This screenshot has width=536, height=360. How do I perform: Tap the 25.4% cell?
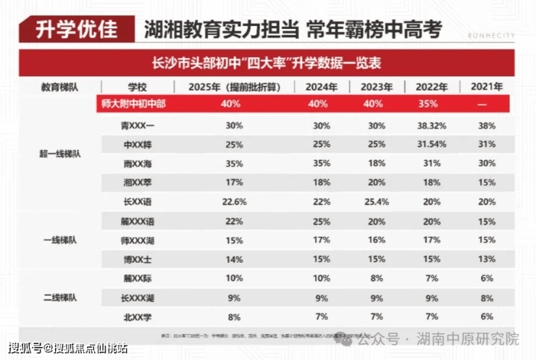coord(376,201)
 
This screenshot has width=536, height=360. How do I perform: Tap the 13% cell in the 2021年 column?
coord(487,259)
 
